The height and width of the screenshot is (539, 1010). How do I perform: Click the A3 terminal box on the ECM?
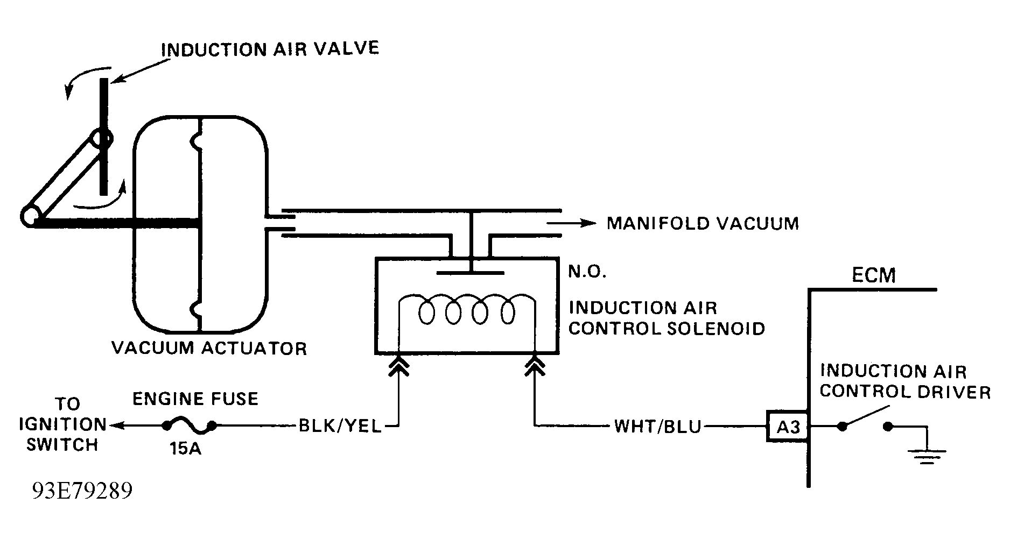(x=788, y=427)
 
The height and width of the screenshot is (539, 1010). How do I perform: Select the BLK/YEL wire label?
(x=340, y=427)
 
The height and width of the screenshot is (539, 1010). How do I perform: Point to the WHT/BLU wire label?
(x=658, y=427)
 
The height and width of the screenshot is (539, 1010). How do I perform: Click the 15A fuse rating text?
(x=186, y=448)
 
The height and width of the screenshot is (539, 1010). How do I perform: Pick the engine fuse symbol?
(x=189, y=427)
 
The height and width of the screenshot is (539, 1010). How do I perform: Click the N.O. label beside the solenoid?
(x=587, y=272)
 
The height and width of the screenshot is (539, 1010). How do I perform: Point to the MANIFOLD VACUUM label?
(x=703, y=223)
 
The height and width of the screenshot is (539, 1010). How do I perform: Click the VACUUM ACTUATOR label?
(x=209, y=348)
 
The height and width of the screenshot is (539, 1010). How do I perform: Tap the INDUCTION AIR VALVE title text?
(x=270, y=49)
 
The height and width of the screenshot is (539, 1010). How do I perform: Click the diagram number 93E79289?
(x=82, y=491)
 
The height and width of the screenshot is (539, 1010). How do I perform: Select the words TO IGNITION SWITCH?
(x=62, y=424)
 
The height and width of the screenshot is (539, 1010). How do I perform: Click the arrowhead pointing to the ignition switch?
(x=115, y=426)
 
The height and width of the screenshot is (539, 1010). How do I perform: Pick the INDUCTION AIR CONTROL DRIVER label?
(x=905, y=381)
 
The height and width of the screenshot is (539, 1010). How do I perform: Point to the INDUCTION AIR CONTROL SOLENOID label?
(x=667, y=318)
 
